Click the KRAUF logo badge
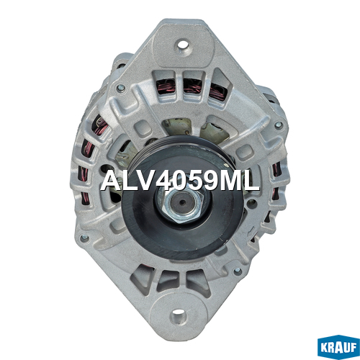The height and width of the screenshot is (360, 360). (338, 347)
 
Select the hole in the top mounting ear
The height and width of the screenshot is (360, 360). (182, 45)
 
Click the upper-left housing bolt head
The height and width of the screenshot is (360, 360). (121, 88)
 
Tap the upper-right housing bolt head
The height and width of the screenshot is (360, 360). (278, 125)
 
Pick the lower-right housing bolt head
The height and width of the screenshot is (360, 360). (238, 271)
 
